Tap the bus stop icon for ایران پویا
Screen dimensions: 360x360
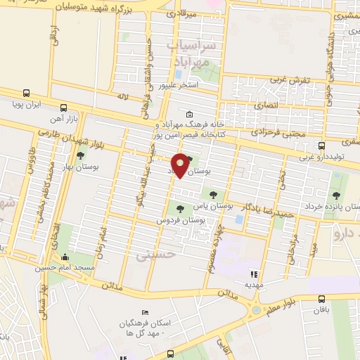[x=26, y=93]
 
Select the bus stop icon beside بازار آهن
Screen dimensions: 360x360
[x=64, y=108]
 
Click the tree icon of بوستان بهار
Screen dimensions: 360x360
[x=80, y=155]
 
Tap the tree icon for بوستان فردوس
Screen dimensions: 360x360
[x=180, y=208]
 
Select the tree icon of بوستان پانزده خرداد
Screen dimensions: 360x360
[x=335, y=196]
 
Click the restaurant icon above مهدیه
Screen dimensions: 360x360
[x=254, y=274]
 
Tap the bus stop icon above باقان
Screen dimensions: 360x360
[x=321, y=298]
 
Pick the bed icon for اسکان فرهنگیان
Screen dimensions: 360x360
[x=145, y=312]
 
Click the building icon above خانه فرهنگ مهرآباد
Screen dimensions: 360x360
[x=188, y=115]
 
